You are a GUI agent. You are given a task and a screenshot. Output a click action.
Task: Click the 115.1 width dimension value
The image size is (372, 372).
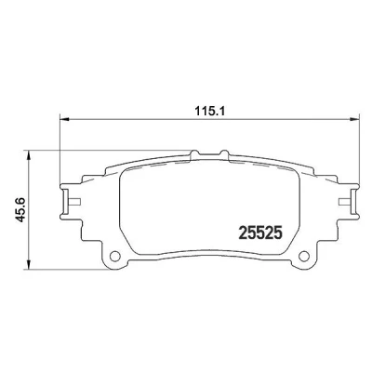coord(209,111)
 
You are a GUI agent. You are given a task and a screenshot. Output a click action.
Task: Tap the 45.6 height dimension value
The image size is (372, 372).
coord(21,209)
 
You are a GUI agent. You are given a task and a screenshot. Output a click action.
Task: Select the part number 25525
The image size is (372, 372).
coord(260,232)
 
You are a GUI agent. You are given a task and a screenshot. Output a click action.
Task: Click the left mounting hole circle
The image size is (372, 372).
coord(115,256)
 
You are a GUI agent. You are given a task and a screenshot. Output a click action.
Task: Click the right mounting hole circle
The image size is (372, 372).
coord(304,256)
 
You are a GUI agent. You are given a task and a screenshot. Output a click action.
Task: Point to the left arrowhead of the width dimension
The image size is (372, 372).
coord(64,119)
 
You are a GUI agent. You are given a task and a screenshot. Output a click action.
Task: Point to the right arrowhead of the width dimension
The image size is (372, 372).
coord(354,119)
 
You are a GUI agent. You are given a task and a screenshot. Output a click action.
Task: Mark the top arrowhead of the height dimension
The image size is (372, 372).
coord(29,155)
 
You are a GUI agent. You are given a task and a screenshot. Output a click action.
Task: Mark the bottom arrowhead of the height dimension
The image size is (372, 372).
coord(29,264)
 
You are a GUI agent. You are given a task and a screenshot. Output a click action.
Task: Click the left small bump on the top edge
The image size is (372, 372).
coord(194,153)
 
